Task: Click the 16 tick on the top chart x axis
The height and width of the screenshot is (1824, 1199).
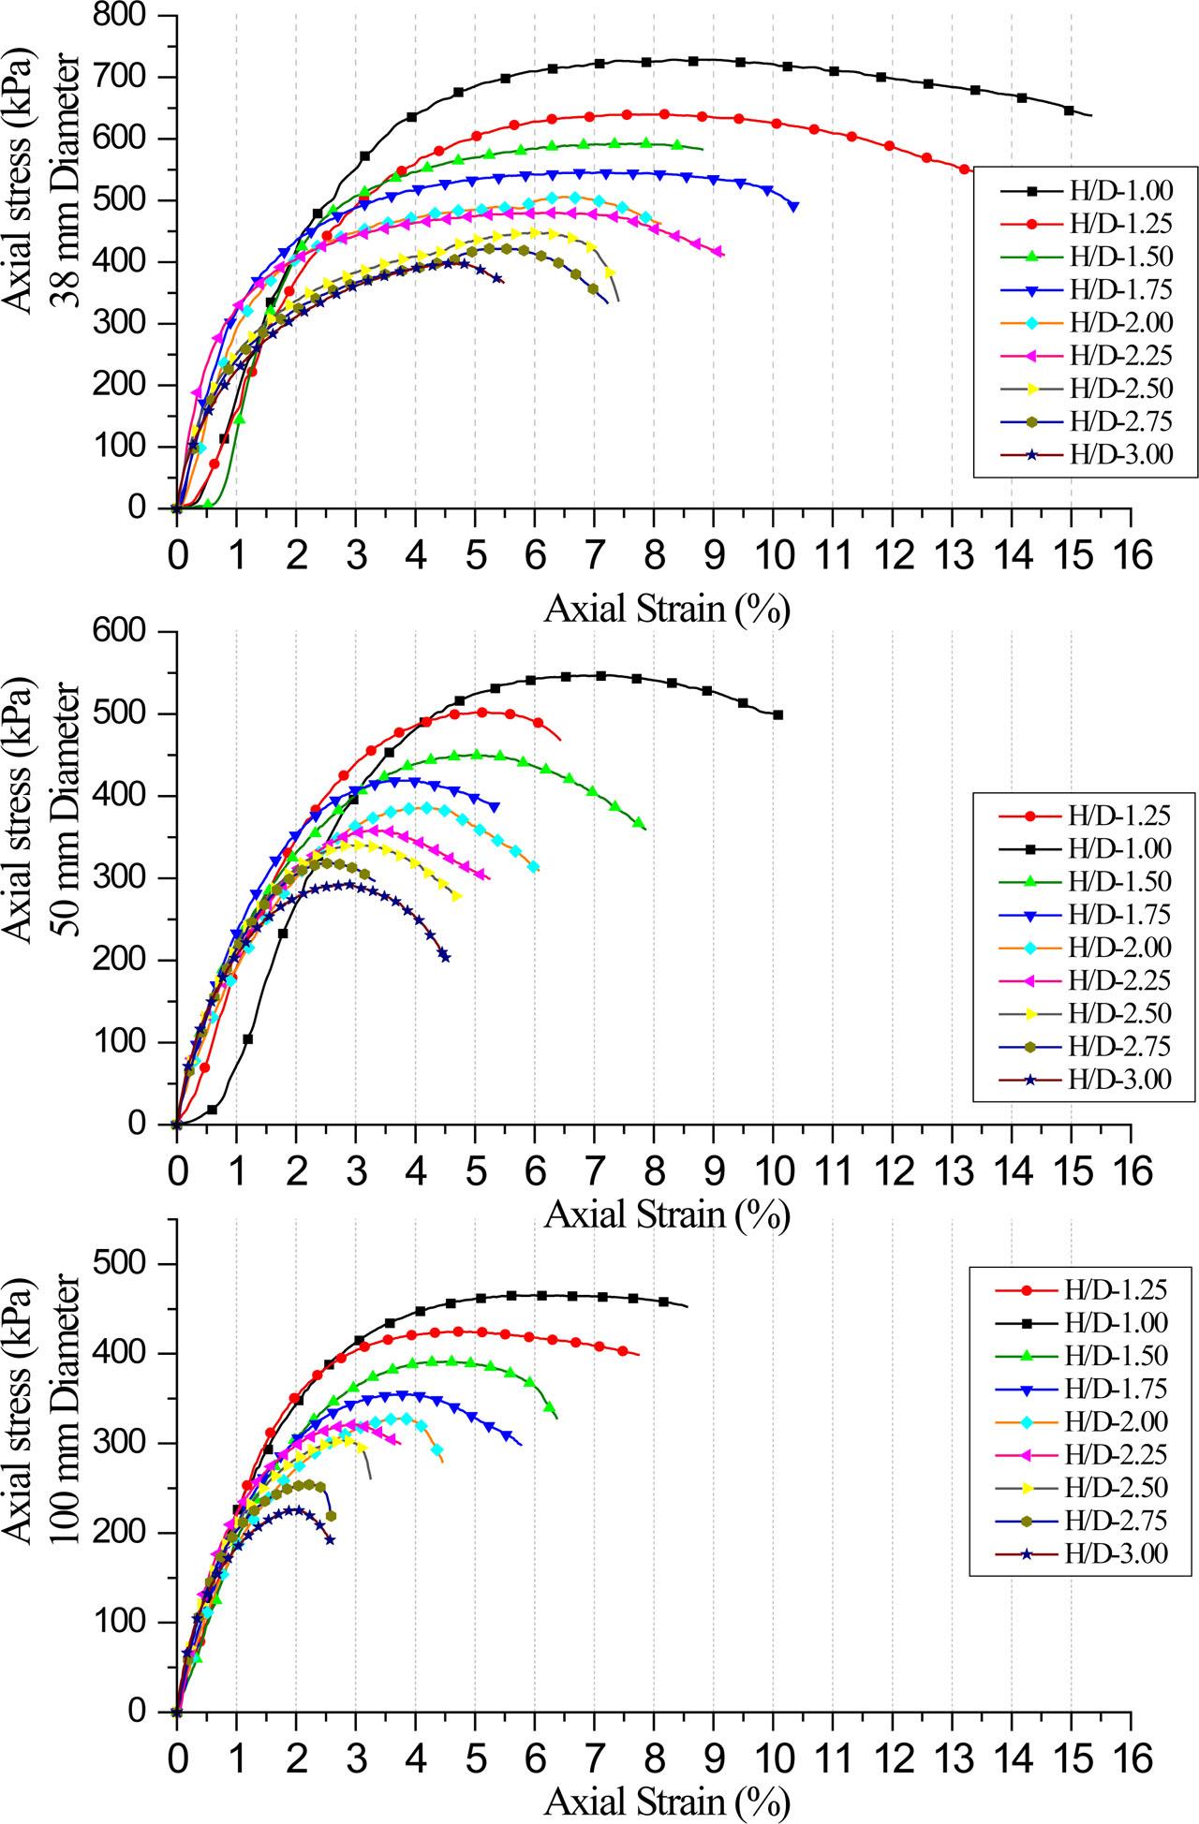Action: (1131, 555)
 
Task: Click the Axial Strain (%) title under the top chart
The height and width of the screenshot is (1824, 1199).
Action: (667, 610)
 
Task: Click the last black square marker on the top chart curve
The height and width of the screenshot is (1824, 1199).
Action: (1069, 110)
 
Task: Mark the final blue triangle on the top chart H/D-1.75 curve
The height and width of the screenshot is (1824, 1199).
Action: (794, 206)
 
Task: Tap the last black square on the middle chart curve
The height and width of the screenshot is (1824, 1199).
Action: (777, 714)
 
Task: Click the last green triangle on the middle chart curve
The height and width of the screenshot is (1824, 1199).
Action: (639, 823)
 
